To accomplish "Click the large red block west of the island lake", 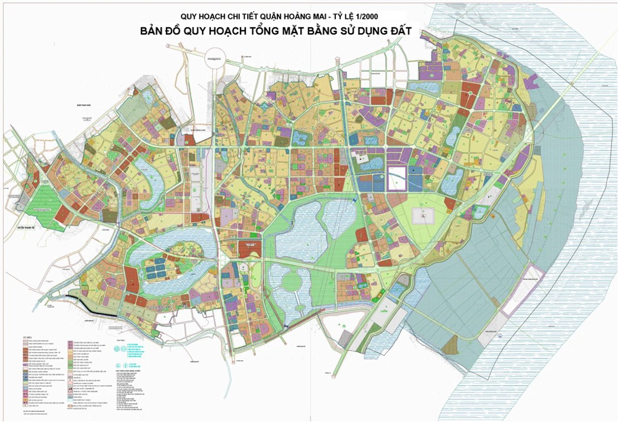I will pos(132,278).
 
